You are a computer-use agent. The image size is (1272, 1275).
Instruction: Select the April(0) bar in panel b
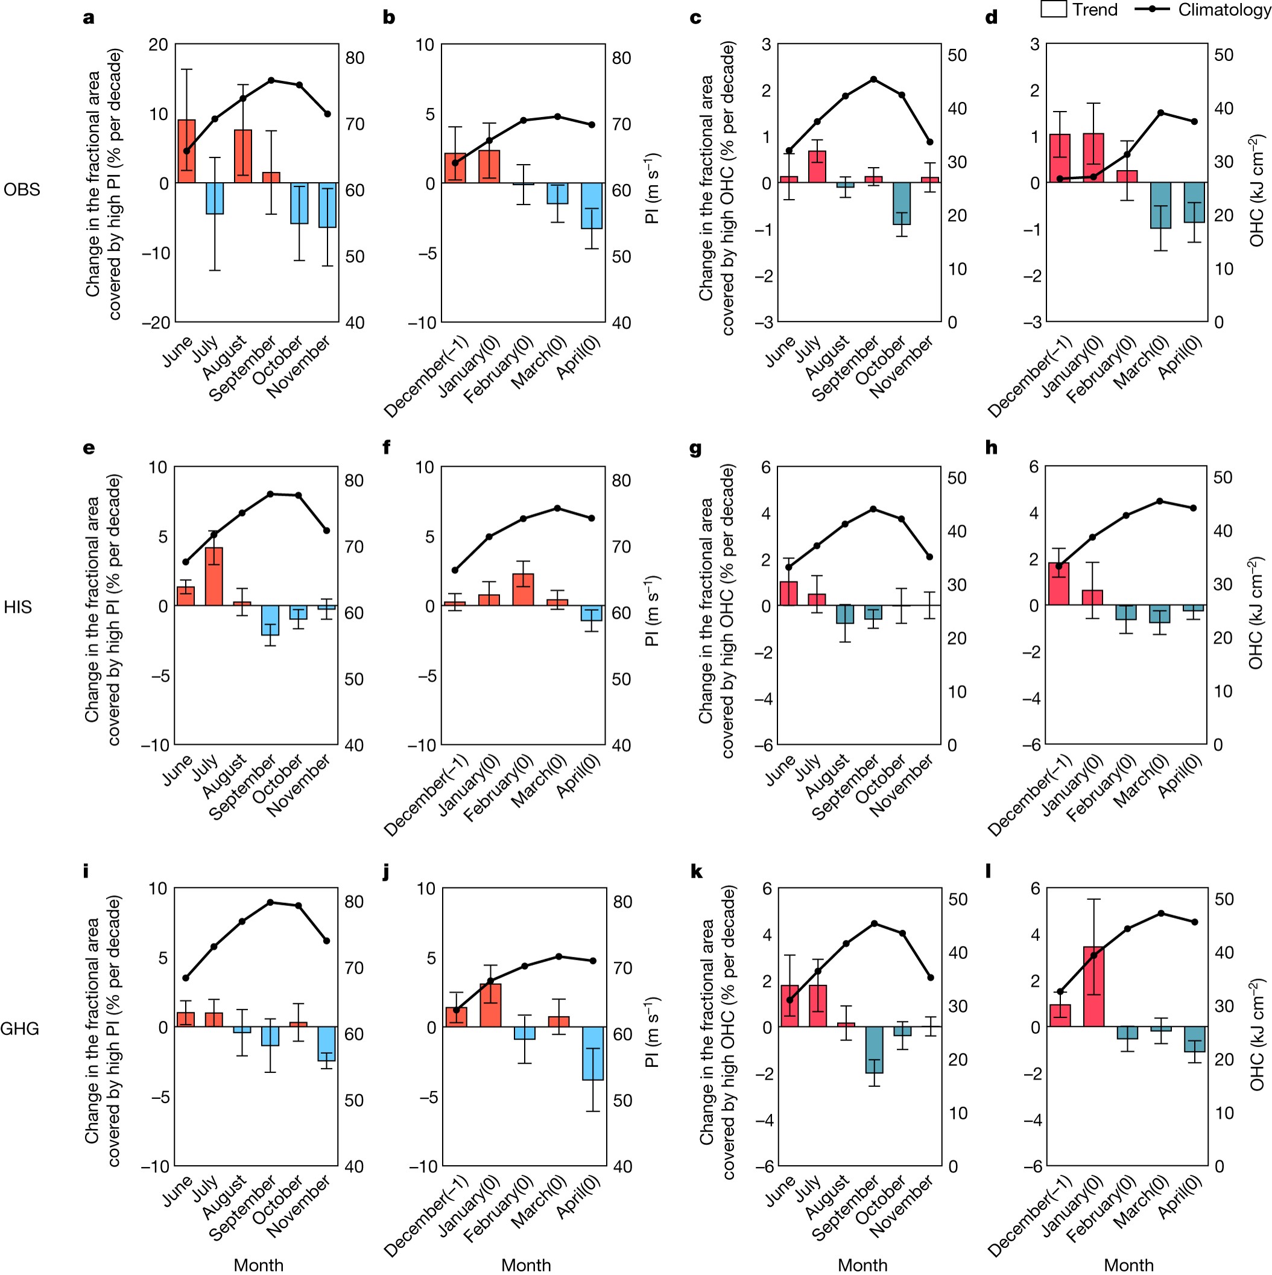pyautogui.click(x=592, y=206)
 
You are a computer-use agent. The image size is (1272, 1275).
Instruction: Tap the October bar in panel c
pyautogui.click(x=902, y=203)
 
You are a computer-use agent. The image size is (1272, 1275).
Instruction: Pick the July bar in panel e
pyautogui.click(x=214, y=576)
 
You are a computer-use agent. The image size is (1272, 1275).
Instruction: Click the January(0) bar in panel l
pyautogui.click(x=1093, y=987)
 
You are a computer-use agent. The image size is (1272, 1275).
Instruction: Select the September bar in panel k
pyautogui.click(x=874, y=1049)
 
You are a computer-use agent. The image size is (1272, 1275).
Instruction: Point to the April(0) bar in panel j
pyautogui.click(x=593, y=1053)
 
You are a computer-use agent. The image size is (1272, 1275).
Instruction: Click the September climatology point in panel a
pyautogui.click(x=271, y=80)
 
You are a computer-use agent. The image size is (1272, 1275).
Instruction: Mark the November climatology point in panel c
pyautogui.click(x=930, y=142)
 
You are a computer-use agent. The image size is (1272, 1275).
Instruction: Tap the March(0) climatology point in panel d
pyautogui.click(x=1160, y=113)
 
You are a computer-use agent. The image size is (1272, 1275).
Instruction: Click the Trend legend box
pyautogui.click(x=1054, y=9)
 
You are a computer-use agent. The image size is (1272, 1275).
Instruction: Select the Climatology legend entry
pyautogui.click(x=1201, y=9)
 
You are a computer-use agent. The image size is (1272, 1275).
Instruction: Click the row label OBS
pyautogui.click(x=22, y=189)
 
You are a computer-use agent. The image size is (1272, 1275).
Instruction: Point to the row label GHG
pyautogui.click(x=20, y=1028)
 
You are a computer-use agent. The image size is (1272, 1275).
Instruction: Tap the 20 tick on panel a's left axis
pyautogui.click(x=159, y=45)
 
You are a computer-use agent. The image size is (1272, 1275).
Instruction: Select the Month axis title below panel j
pyautogui.click(x=525, y=1264)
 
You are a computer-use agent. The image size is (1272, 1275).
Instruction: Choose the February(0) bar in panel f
pyautogui.click(x=524, y=589)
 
